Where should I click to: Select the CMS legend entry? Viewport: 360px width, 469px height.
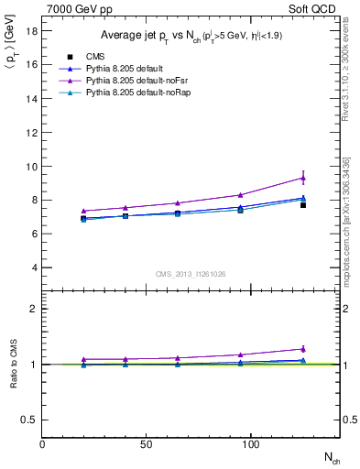96,57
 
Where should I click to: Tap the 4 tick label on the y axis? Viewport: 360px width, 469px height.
33,267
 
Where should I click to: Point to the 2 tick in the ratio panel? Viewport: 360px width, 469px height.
33,309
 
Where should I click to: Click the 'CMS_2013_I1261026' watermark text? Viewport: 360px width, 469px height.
191,274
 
